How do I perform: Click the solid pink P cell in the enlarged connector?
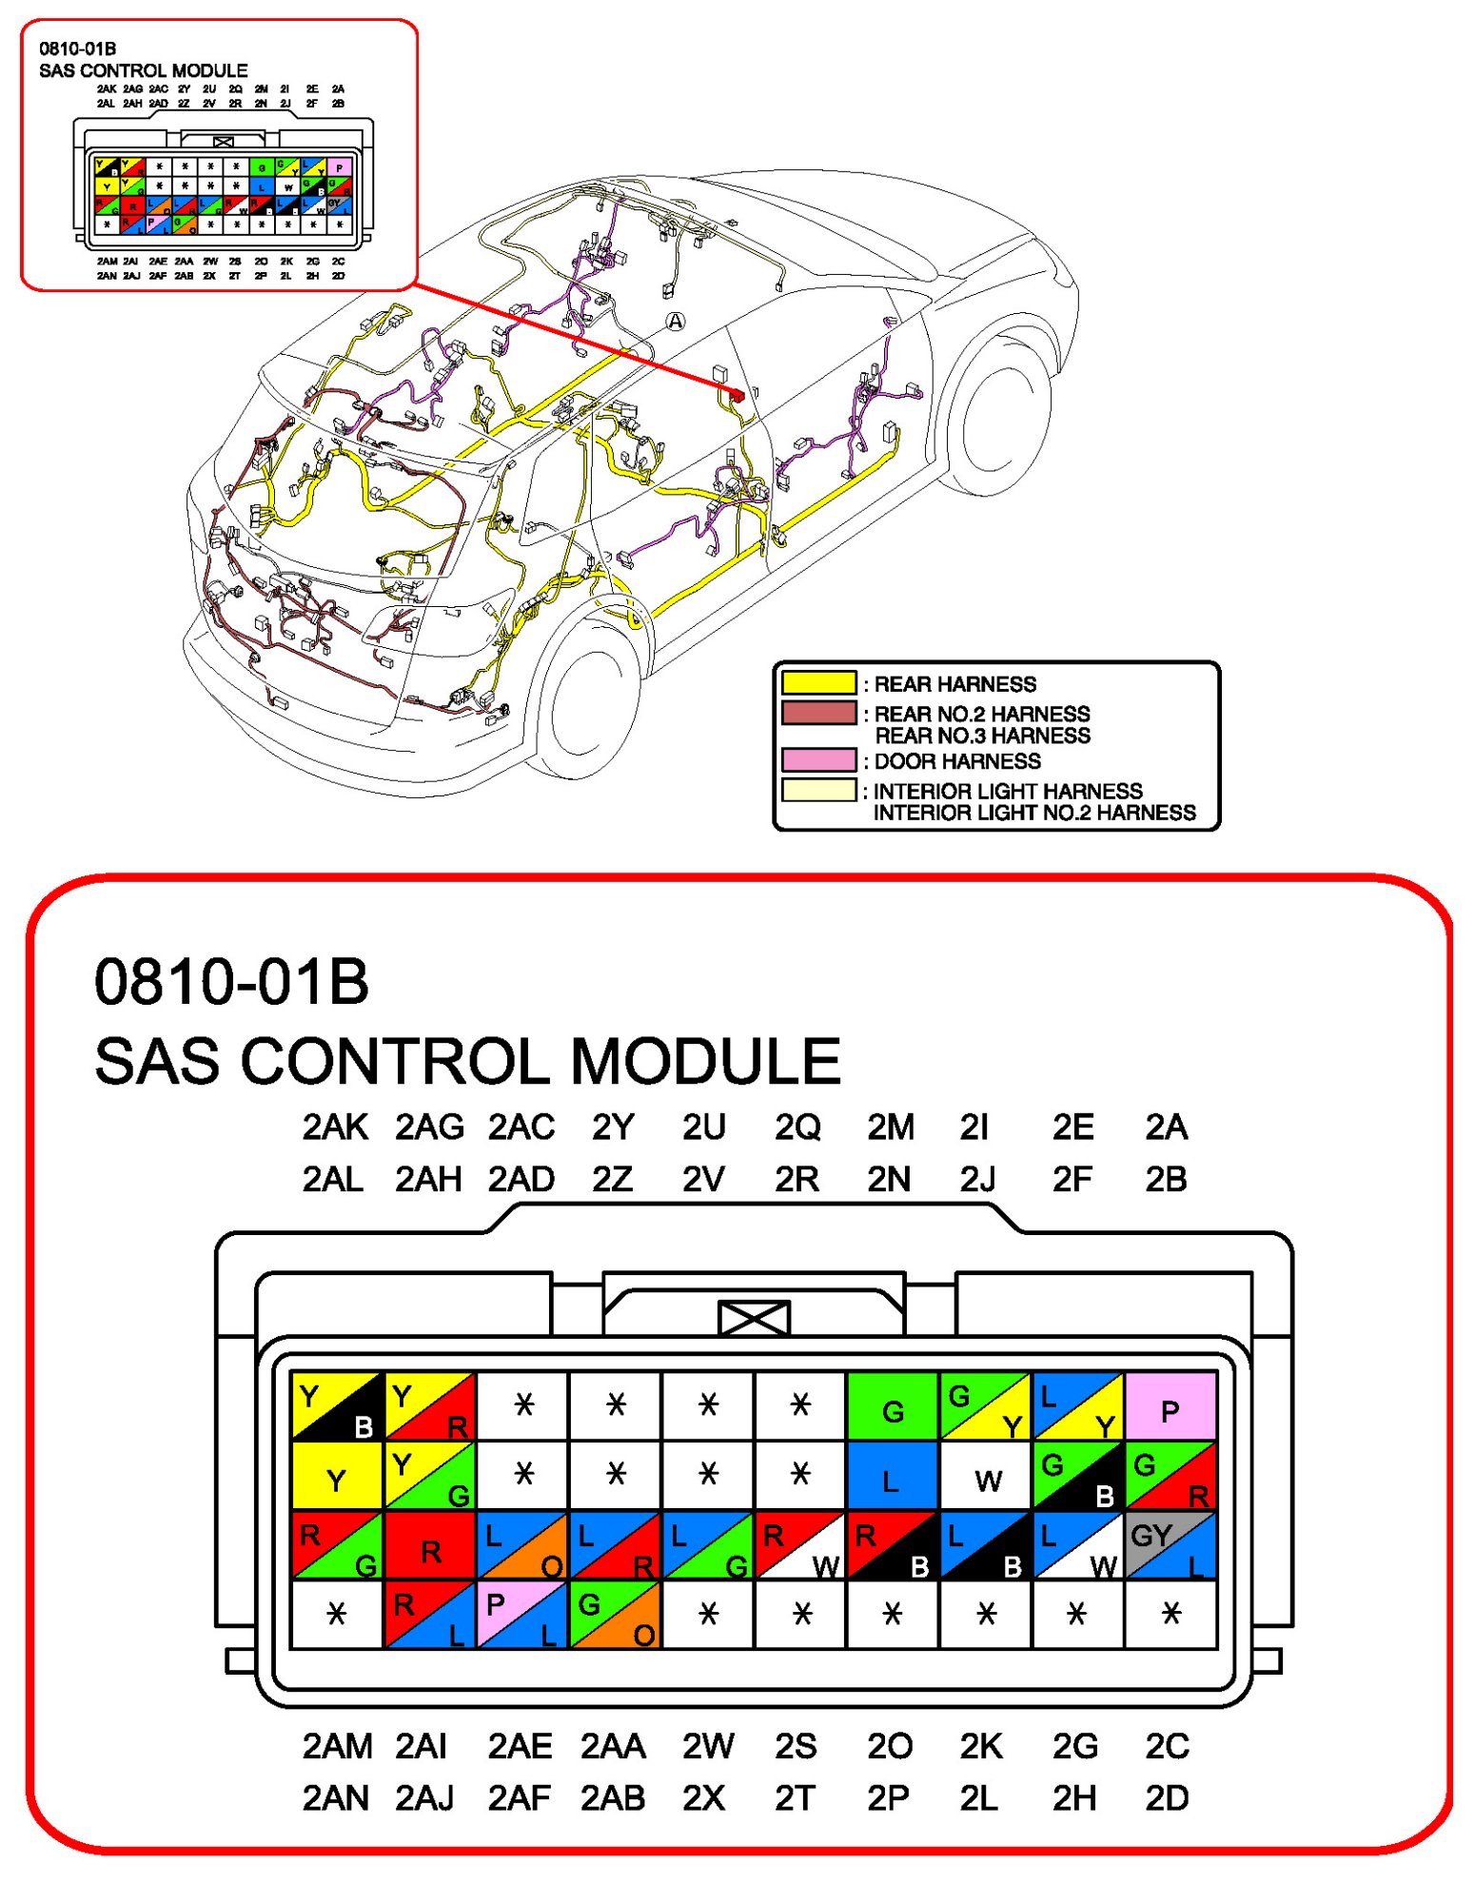(1170, 1406)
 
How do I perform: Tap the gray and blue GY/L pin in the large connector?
(1170, 1545)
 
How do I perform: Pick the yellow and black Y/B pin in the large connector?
(336, 1406)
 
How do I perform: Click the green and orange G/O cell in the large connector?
(615, 1615)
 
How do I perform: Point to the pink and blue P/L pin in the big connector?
(521, 1615)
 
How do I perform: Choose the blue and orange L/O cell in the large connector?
(521, 1545)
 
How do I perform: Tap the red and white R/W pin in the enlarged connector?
(799, 1545)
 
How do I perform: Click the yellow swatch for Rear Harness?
(818, 683)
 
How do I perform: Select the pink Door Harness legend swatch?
(818, 760)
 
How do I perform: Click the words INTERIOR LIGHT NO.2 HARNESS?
(1034, 813)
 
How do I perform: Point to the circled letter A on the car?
(675, 322)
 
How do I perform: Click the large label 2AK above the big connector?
(335, 1128)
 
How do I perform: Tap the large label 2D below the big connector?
(1167, 1798)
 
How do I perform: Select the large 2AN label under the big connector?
(335, 1798)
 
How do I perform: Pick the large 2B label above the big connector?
(1166, 1180)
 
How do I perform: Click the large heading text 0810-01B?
(231, 982)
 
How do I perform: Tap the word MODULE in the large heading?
(705, 1061)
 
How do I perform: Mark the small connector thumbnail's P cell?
(339, 168)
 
